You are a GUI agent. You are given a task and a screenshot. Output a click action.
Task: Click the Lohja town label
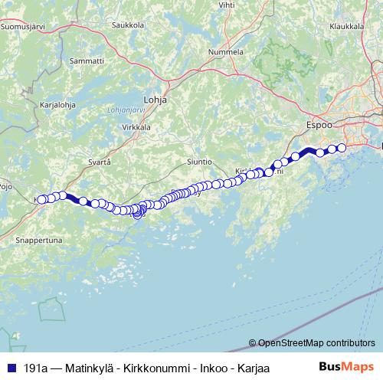(155, 100)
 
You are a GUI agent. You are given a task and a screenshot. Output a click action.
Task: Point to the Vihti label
(227, 5)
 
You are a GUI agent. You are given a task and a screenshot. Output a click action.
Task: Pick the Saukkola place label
(128, 25)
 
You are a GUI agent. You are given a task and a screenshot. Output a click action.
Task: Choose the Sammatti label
(87, 60)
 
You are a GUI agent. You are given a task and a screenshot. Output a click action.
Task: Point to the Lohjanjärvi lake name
(127, 110)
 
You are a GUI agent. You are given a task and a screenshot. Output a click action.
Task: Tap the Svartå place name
(100, 162)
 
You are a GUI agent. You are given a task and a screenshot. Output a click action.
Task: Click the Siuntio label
(198, 162)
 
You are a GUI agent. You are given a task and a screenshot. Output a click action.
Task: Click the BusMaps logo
(347, 368)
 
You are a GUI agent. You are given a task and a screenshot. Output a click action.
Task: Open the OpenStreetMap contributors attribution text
(316, 343)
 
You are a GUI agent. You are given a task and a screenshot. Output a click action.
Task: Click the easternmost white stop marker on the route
(342, 148)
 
